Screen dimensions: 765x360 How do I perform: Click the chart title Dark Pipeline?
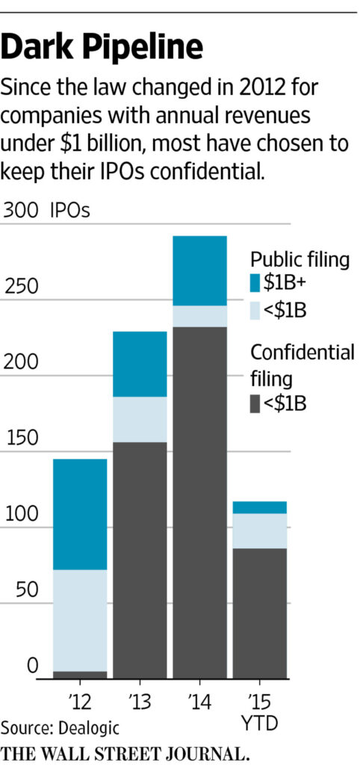(x=102, y=48)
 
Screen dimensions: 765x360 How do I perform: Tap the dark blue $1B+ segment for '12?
(x=80, y=514)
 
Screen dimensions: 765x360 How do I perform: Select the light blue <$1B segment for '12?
(x=80, y=620)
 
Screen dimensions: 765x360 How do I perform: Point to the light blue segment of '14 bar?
(x=200, y=316)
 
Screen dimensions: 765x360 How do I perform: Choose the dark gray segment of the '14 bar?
(x=200, y=501)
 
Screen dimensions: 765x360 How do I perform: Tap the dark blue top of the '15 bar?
(x=260, y=507)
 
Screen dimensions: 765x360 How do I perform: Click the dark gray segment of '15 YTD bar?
(x=260, y=613)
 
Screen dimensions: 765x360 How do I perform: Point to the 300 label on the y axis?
(x=20, y=211)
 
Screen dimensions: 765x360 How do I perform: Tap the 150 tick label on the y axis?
(x=20, y=438)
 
